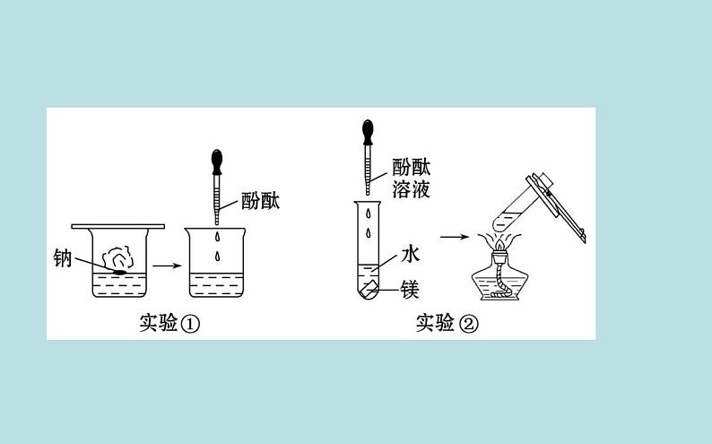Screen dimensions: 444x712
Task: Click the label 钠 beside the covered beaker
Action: tap(62, 259)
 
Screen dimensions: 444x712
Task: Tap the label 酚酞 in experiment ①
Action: tap(261, 201)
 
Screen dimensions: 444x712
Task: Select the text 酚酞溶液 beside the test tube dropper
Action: tap(410, 178)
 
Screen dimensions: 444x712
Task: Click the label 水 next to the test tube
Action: tap(410, 255)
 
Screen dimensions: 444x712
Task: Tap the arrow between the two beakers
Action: tap(164, 266)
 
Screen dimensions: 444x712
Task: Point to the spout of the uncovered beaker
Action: tap(187, 232)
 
